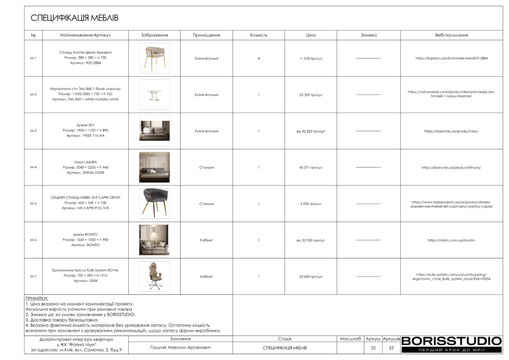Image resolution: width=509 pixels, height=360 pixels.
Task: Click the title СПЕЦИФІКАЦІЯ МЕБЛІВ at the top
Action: click(74, 18)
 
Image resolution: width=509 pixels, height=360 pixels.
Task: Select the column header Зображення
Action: click(154, 35)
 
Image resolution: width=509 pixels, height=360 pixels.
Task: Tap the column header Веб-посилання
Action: click(451, 35)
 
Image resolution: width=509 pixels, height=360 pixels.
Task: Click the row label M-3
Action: click(33, 131)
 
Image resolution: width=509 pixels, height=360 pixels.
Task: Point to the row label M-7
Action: click(33, 276)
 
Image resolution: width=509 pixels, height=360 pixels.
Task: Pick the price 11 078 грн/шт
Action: click(311, 58)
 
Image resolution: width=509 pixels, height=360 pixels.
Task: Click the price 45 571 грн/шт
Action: click(311, 168)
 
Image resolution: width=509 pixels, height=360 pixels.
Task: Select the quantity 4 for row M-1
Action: click(258, 58)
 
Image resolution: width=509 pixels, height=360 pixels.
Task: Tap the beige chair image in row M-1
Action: click(154, 58)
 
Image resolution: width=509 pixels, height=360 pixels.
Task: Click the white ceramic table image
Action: click(154, 94)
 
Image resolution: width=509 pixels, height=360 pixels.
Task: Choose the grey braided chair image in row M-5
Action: click(154, 203)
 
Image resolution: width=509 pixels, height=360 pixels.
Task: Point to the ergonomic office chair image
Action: click(154, 276)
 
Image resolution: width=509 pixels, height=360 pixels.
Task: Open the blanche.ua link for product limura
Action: click(451, 168)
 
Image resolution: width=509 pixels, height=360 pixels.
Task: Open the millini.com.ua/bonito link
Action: click(451, 240)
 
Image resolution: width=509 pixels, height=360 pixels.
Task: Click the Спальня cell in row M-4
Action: click(206, 168)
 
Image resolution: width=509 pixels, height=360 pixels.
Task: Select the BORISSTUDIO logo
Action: click(451, 341)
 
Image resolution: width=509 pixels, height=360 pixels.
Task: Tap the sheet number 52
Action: click(373, 348)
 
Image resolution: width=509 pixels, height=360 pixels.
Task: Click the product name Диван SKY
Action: click(85, 125)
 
